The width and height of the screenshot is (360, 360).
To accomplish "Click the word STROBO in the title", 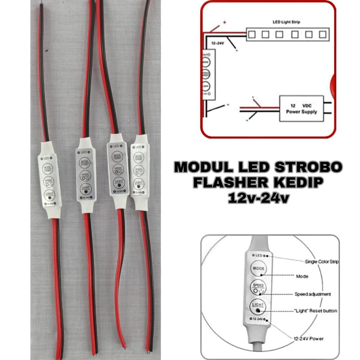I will [308, 168].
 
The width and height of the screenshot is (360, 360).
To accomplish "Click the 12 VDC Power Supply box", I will [301, 108].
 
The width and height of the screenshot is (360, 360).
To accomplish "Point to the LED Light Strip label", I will [287, 22].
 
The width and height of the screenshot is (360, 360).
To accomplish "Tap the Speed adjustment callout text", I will [313, 294].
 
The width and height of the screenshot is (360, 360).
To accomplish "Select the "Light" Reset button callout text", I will [315, 311].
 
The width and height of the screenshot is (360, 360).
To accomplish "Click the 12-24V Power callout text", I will [309, 339].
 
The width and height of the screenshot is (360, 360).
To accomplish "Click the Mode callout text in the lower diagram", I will [302, 276].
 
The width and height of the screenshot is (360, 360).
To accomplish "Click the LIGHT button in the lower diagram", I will [258, 306].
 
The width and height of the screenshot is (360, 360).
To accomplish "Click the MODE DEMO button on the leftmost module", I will [47, 168].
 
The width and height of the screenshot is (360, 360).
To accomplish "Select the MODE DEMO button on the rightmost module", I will [139, 157].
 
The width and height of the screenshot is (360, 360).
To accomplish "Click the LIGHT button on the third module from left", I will [118, 182].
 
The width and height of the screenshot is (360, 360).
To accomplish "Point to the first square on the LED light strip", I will [252, 34].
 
